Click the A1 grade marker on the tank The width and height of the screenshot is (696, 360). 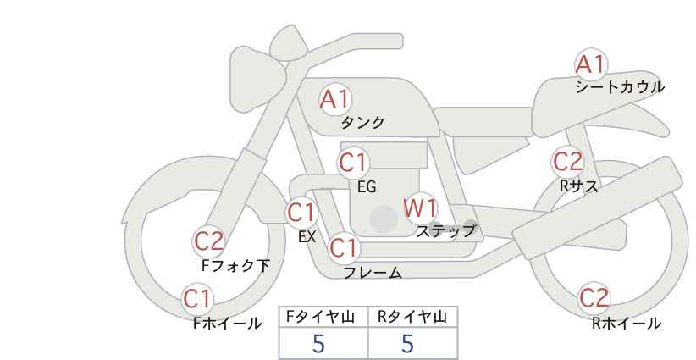point(335,99)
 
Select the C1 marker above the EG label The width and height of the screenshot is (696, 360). point(354,163)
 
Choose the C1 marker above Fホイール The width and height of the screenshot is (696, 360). point(197,299)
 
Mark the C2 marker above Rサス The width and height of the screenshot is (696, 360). point(567,162)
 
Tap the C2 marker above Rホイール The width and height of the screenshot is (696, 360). point(594,298)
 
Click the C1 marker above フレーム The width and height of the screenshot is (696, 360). point(344,247)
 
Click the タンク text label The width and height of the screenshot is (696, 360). point(362,122)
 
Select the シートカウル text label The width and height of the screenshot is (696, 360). point(620,87)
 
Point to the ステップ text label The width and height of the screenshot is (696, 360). point(445,231)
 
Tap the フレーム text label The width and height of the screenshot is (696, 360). point(373,272)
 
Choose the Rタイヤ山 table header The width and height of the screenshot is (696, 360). point(412,317)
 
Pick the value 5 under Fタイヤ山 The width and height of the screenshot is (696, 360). point(318,343)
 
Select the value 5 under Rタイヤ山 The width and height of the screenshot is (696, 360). point(407,343)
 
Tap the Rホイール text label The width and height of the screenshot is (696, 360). point(627,324)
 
